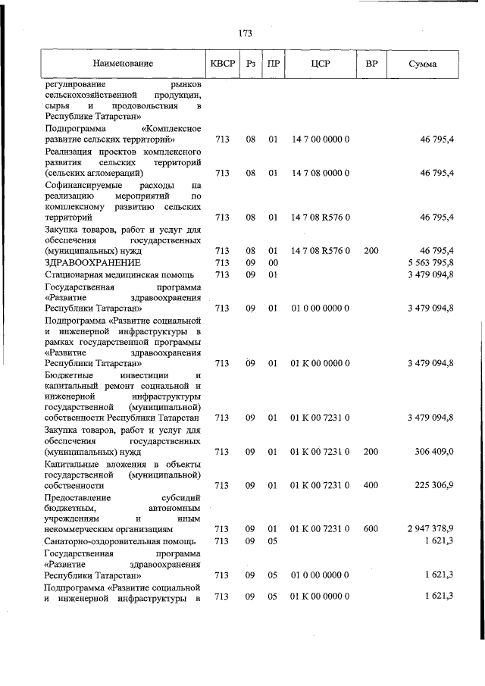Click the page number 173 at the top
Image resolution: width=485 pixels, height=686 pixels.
pyautogui.click(x=245, y=33)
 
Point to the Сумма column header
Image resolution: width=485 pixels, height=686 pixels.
pyautogui.click(x=421, y=64)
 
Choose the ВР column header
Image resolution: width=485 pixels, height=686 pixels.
pyautogui.click(x=371, y=64)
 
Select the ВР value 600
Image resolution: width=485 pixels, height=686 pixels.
pyautogui.click(x=371, y=550)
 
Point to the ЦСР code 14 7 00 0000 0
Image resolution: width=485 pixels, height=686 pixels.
pyautogui.click(x=320, y=139)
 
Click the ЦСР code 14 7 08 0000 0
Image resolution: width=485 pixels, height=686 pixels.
pyautogui.click(x=320, y=173)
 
